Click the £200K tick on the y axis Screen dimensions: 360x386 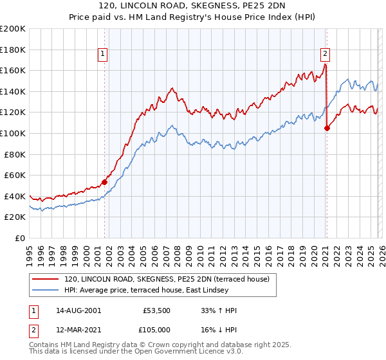coord(13,29)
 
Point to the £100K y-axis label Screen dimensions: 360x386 coord(13,133)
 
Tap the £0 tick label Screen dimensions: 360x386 coord(21,238)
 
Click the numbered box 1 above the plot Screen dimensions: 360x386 coord(104,54)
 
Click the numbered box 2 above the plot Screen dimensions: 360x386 coord(326,54)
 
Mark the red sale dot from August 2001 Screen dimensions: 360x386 coord(104,182)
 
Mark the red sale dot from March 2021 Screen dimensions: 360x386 coord(327,128)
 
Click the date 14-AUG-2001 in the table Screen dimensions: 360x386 coord(78,310)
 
